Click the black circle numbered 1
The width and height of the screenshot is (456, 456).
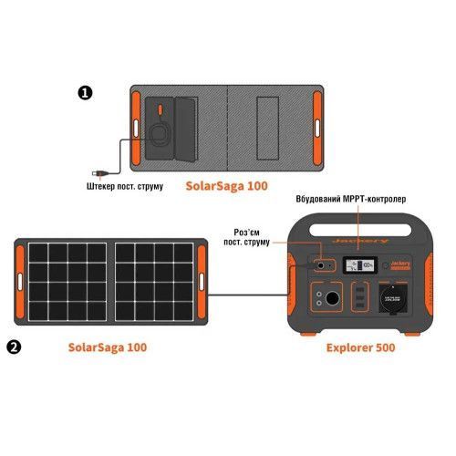coord(85,93)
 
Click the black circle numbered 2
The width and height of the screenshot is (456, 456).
coord(14,347)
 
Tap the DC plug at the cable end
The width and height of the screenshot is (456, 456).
coord(100,173)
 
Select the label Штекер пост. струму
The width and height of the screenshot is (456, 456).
coord(125,186)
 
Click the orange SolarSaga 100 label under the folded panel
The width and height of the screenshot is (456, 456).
coord(227,186)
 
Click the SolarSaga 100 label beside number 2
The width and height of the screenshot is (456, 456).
coord(108,347)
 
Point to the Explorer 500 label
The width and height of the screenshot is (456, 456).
coord(360,347)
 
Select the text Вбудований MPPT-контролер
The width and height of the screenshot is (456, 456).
coord(351,199)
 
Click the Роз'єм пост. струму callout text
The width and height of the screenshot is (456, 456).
coord(246,237)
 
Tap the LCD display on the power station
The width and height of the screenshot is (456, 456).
coord(360,265)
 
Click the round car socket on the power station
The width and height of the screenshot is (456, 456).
coord(332,298)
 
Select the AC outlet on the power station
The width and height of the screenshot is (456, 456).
coord(393,297)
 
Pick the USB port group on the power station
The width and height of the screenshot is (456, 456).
coord(360,297)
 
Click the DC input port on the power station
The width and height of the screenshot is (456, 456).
coord(320,266)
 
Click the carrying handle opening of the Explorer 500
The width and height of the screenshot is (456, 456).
coord(359,230)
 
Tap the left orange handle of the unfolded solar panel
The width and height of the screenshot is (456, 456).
coord(20,282)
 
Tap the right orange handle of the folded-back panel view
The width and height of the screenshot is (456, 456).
coord(317,129)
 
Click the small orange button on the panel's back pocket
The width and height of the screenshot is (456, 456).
coord(160,109)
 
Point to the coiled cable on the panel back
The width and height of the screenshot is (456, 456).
coord(160,133)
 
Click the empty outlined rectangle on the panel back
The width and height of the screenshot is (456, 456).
coord(267,129)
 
